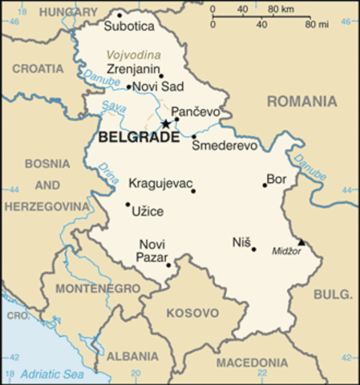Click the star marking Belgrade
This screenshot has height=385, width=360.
(166, 124)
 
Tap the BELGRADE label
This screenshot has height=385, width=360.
(138, 139)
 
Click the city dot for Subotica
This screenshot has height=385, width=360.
(119, 14)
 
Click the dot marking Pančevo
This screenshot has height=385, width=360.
(176, 120)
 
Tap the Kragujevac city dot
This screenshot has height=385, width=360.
(193, 191)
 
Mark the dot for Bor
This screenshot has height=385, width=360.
(265, 185)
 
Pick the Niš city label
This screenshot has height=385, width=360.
(241, 242)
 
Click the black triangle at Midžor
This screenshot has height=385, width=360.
(301, 241)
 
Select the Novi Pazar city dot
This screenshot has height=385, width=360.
(168, 265)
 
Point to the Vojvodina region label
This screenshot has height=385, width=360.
(132, 54)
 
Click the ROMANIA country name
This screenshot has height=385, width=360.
(301, 101)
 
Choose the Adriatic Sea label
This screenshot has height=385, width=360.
(54, 374)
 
